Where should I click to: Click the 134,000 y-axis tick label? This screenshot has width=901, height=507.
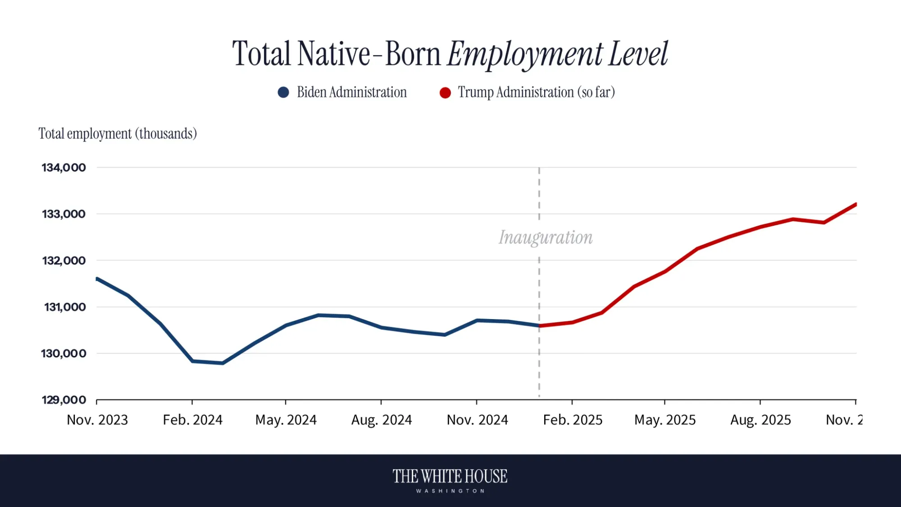point(64,168)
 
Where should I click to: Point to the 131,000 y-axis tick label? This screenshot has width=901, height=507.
point(64,307)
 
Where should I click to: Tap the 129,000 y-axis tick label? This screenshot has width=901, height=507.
point(64,400)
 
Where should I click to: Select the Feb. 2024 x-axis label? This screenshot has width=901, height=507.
point(192,420)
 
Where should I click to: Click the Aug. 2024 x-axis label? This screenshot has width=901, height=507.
point(381,420)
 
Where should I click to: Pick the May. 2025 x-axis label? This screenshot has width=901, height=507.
point(664,420)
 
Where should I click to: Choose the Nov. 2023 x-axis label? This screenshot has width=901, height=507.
point(97,420)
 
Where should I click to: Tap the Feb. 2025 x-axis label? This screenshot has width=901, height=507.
point(573,420)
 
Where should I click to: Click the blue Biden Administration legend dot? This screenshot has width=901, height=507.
point(283,92)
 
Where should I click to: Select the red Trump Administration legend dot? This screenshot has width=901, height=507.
point(445,92)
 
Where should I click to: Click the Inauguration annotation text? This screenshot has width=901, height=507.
point(545,238)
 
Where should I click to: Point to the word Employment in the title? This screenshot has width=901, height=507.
point(525,54)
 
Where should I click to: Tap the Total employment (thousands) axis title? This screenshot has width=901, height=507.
point(118,134)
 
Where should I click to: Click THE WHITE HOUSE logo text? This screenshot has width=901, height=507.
point(450,476)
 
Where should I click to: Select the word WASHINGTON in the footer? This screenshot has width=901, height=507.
point(450,491)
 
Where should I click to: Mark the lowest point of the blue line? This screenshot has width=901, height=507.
point(223,363)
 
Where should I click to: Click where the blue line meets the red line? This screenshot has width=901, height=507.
point(539,325)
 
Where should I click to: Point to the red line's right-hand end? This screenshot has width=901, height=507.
point(855,205)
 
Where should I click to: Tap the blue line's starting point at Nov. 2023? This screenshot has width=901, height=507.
point(97,279)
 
